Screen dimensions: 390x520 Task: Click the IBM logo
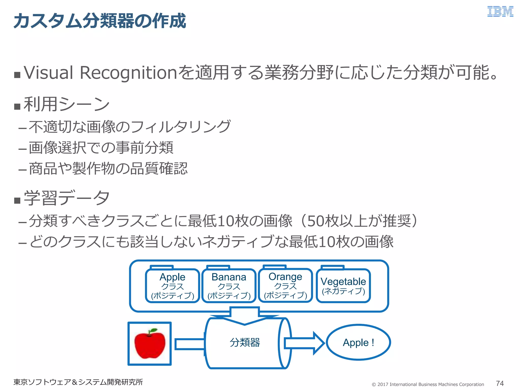[x=500, y=12]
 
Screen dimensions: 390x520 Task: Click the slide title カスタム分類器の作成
[x=100, y=21]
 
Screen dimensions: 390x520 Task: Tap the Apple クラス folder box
[x=172, y=286]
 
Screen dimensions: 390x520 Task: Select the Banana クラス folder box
[x=229, y=286]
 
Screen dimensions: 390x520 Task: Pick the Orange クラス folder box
[x=285, y=285]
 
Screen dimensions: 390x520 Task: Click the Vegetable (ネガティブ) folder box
[x=343, y=286]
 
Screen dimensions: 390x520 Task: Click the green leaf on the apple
[x=153, y=330]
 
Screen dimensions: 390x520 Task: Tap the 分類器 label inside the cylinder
[x=245, y=343]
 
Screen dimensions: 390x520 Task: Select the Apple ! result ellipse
[x=358, y=343]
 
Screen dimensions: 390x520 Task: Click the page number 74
[x=500, y=383]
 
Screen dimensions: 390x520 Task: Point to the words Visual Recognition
[x=100, y=73]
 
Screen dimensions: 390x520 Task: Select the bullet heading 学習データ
[x=67, y=198]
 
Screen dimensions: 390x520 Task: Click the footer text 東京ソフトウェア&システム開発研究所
[x=78, y=382]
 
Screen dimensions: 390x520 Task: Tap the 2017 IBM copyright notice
[x=428, y=384]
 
